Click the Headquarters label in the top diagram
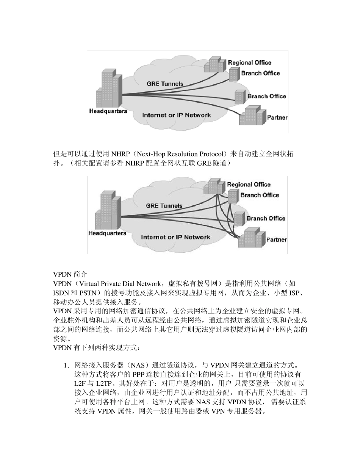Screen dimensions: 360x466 tap(108, 111)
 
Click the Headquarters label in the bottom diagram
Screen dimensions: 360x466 tap(107, 233)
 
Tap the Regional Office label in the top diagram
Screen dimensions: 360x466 tap(249, 63)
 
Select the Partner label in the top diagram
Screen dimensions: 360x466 tap(277, 117)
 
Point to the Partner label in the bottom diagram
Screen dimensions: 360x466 tap(277, 239)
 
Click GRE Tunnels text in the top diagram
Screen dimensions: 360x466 tap(165, 84)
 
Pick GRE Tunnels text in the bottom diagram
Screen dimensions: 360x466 tap(164, 206)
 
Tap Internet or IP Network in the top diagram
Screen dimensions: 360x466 tap(176, 115)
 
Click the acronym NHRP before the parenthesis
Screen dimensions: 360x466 tap(119, 154)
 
